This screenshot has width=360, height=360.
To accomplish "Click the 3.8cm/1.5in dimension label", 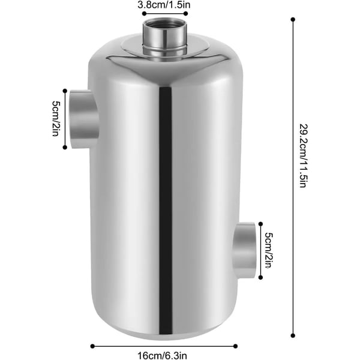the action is (164, 5).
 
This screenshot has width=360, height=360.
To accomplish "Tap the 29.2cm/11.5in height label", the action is (303, 156).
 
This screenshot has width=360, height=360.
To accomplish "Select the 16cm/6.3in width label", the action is (162, 356).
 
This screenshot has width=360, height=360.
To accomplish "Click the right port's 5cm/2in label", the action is (269, 250).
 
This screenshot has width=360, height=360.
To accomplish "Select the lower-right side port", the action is (244, 250).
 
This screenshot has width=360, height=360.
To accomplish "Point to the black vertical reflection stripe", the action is (166, 211).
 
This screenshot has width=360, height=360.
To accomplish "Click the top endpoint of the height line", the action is (293, 20).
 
